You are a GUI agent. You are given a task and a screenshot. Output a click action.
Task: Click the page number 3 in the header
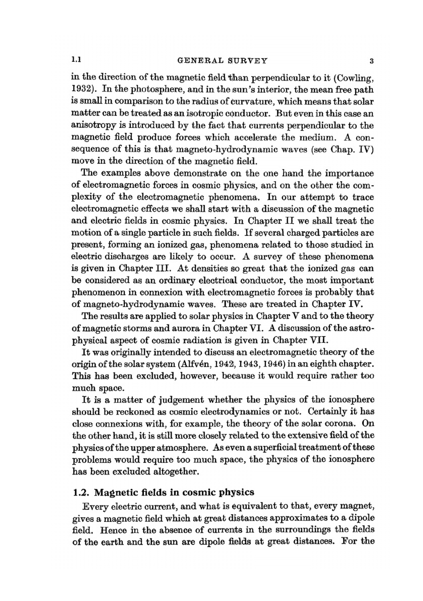[x=371, y=61]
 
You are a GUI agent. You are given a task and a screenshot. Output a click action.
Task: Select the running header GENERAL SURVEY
[x=222, y=61]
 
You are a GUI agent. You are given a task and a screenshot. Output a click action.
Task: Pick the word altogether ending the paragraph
[x=174, y=471]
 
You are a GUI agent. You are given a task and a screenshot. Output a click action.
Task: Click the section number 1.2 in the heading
[x=82, y=493]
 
